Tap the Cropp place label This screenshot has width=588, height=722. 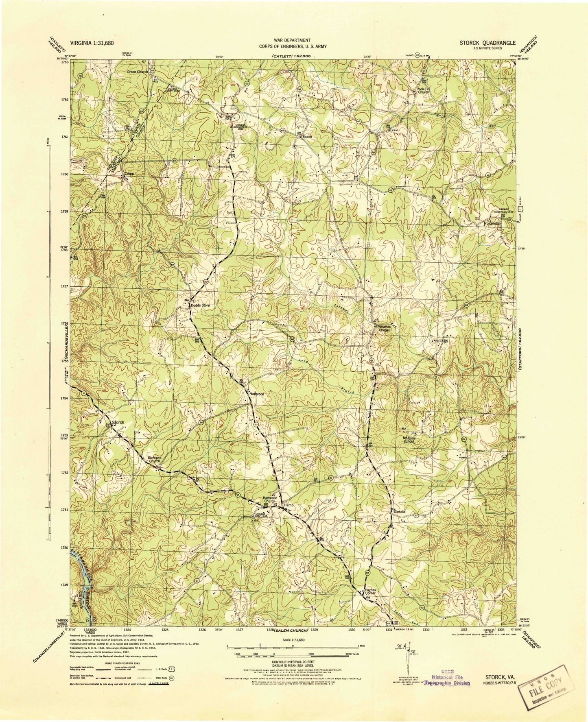click(x=130, y=173)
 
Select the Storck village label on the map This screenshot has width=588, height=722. click(x=118, y=423)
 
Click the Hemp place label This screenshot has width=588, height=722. click(x=289, y=506)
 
